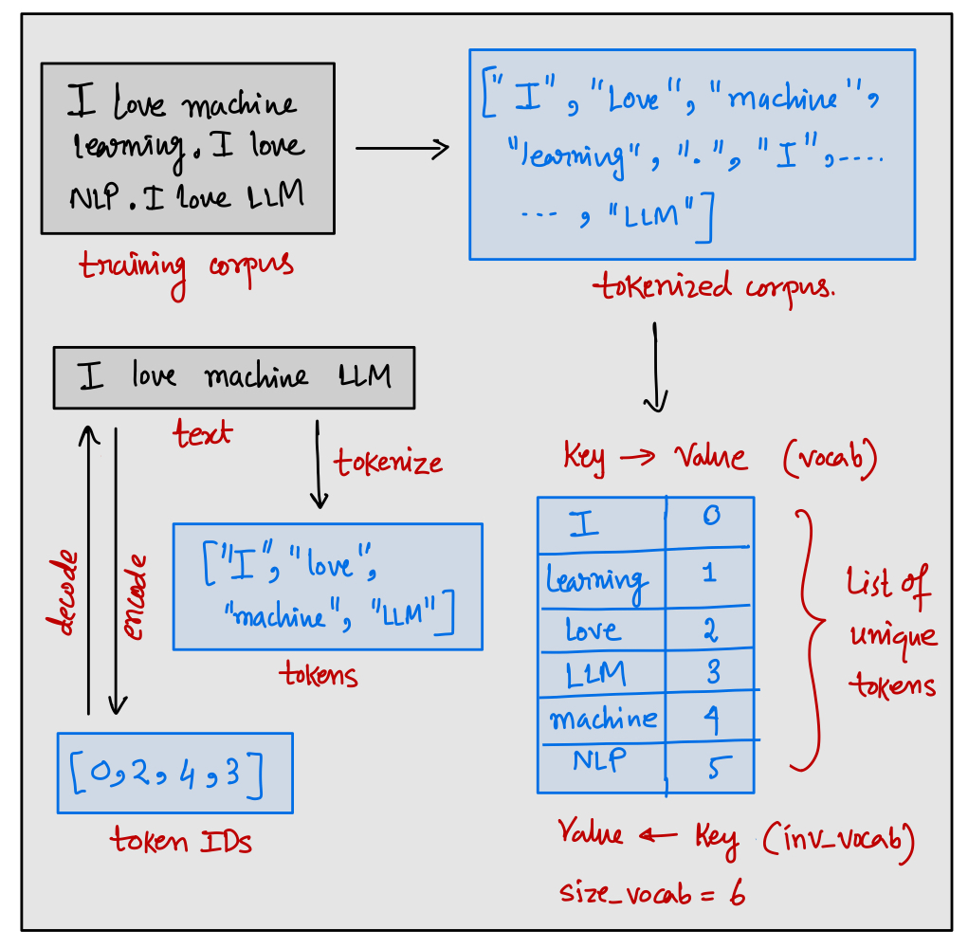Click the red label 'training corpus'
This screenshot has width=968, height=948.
click(185, 268)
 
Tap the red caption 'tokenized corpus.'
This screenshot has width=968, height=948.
click(715, 285)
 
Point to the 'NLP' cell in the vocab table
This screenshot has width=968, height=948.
click(595, 760)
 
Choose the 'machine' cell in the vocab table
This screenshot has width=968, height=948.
click(603, 718)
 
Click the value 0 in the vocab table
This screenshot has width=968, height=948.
click(711, 517)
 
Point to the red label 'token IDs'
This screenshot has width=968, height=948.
click(181, 841)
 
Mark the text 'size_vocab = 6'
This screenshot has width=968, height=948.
click(651, 893)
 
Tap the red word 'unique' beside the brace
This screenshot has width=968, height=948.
click(891, 635)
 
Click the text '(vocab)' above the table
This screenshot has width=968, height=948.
click(830, 459)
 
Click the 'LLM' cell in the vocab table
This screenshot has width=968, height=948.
click(595, 672)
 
